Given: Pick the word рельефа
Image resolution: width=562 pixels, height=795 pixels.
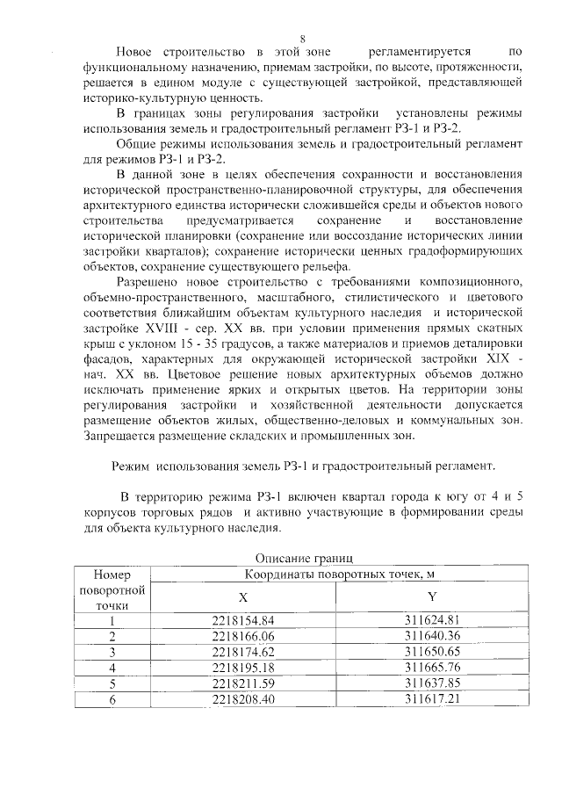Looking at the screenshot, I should click(x=327, y=267).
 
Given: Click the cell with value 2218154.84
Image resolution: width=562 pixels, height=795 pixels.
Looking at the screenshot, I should click(x=243, y=620).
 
